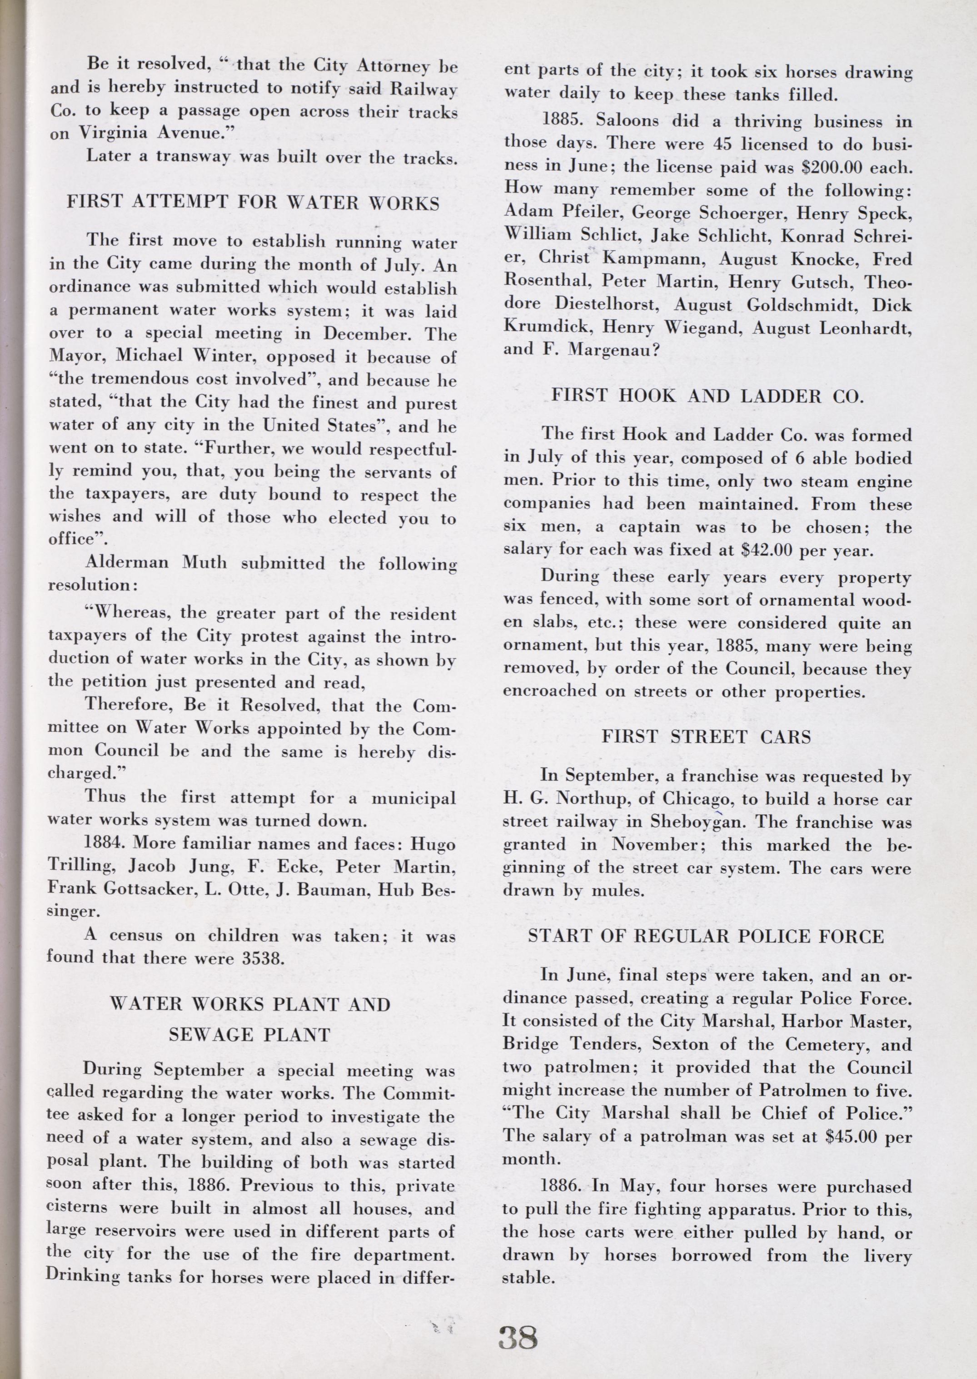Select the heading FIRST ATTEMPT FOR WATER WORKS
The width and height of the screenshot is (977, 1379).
pos(253,203)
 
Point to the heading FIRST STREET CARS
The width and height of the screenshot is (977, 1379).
pos(707,737)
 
